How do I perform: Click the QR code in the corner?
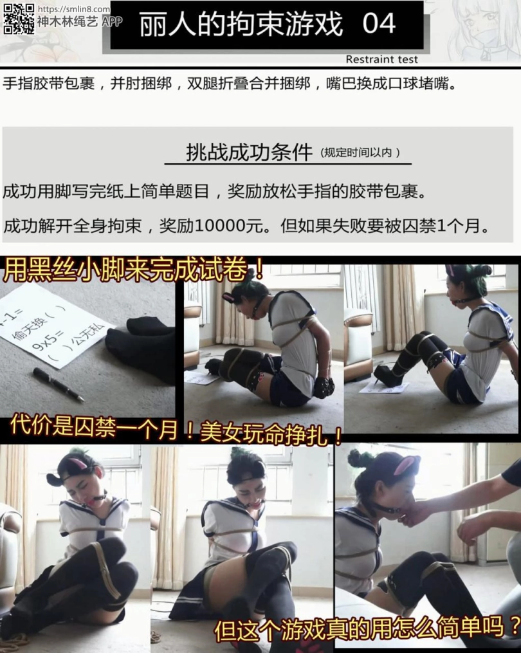19,19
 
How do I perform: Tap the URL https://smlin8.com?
74,9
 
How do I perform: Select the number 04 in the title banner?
379,24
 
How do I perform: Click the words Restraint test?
381,60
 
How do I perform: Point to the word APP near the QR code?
112,22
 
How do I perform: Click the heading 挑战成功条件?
249,152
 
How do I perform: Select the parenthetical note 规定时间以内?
360,153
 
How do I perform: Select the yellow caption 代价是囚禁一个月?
98,427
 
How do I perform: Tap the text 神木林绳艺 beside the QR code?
68,22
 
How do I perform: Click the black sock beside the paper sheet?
142,345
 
